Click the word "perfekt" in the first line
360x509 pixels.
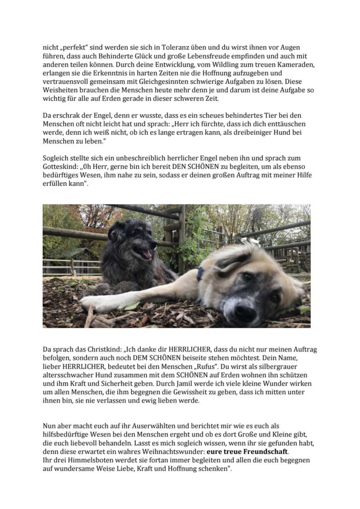pyautogui.click(x=71, y=47)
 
